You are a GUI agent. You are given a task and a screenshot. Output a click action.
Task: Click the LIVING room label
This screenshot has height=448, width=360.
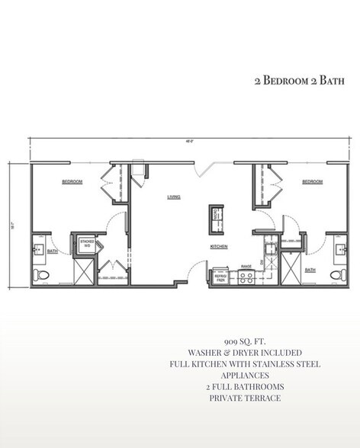pyautogui.click(x=173, y=197)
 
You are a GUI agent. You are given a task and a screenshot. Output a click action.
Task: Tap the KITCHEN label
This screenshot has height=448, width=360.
pyautogui.click(x=220, y=247)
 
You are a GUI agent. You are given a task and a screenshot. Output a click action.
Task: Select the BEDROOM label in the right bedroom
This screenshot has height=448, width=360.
pyautogui.click(x=312, y=181)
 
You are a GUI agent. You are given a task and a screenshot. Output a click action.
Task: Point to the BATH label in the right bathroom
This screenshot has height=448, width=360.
pyautogui.click(x=310, y=270)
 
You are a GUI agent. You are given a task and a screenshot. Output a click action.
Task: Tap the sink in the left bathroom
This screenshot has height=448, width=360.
pyautogui.click(x=38, y=248)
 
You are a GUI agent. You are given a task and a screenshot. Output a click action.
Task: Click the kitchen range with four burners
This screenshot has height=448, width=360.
pyautogui.click(x=246, y=278)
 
